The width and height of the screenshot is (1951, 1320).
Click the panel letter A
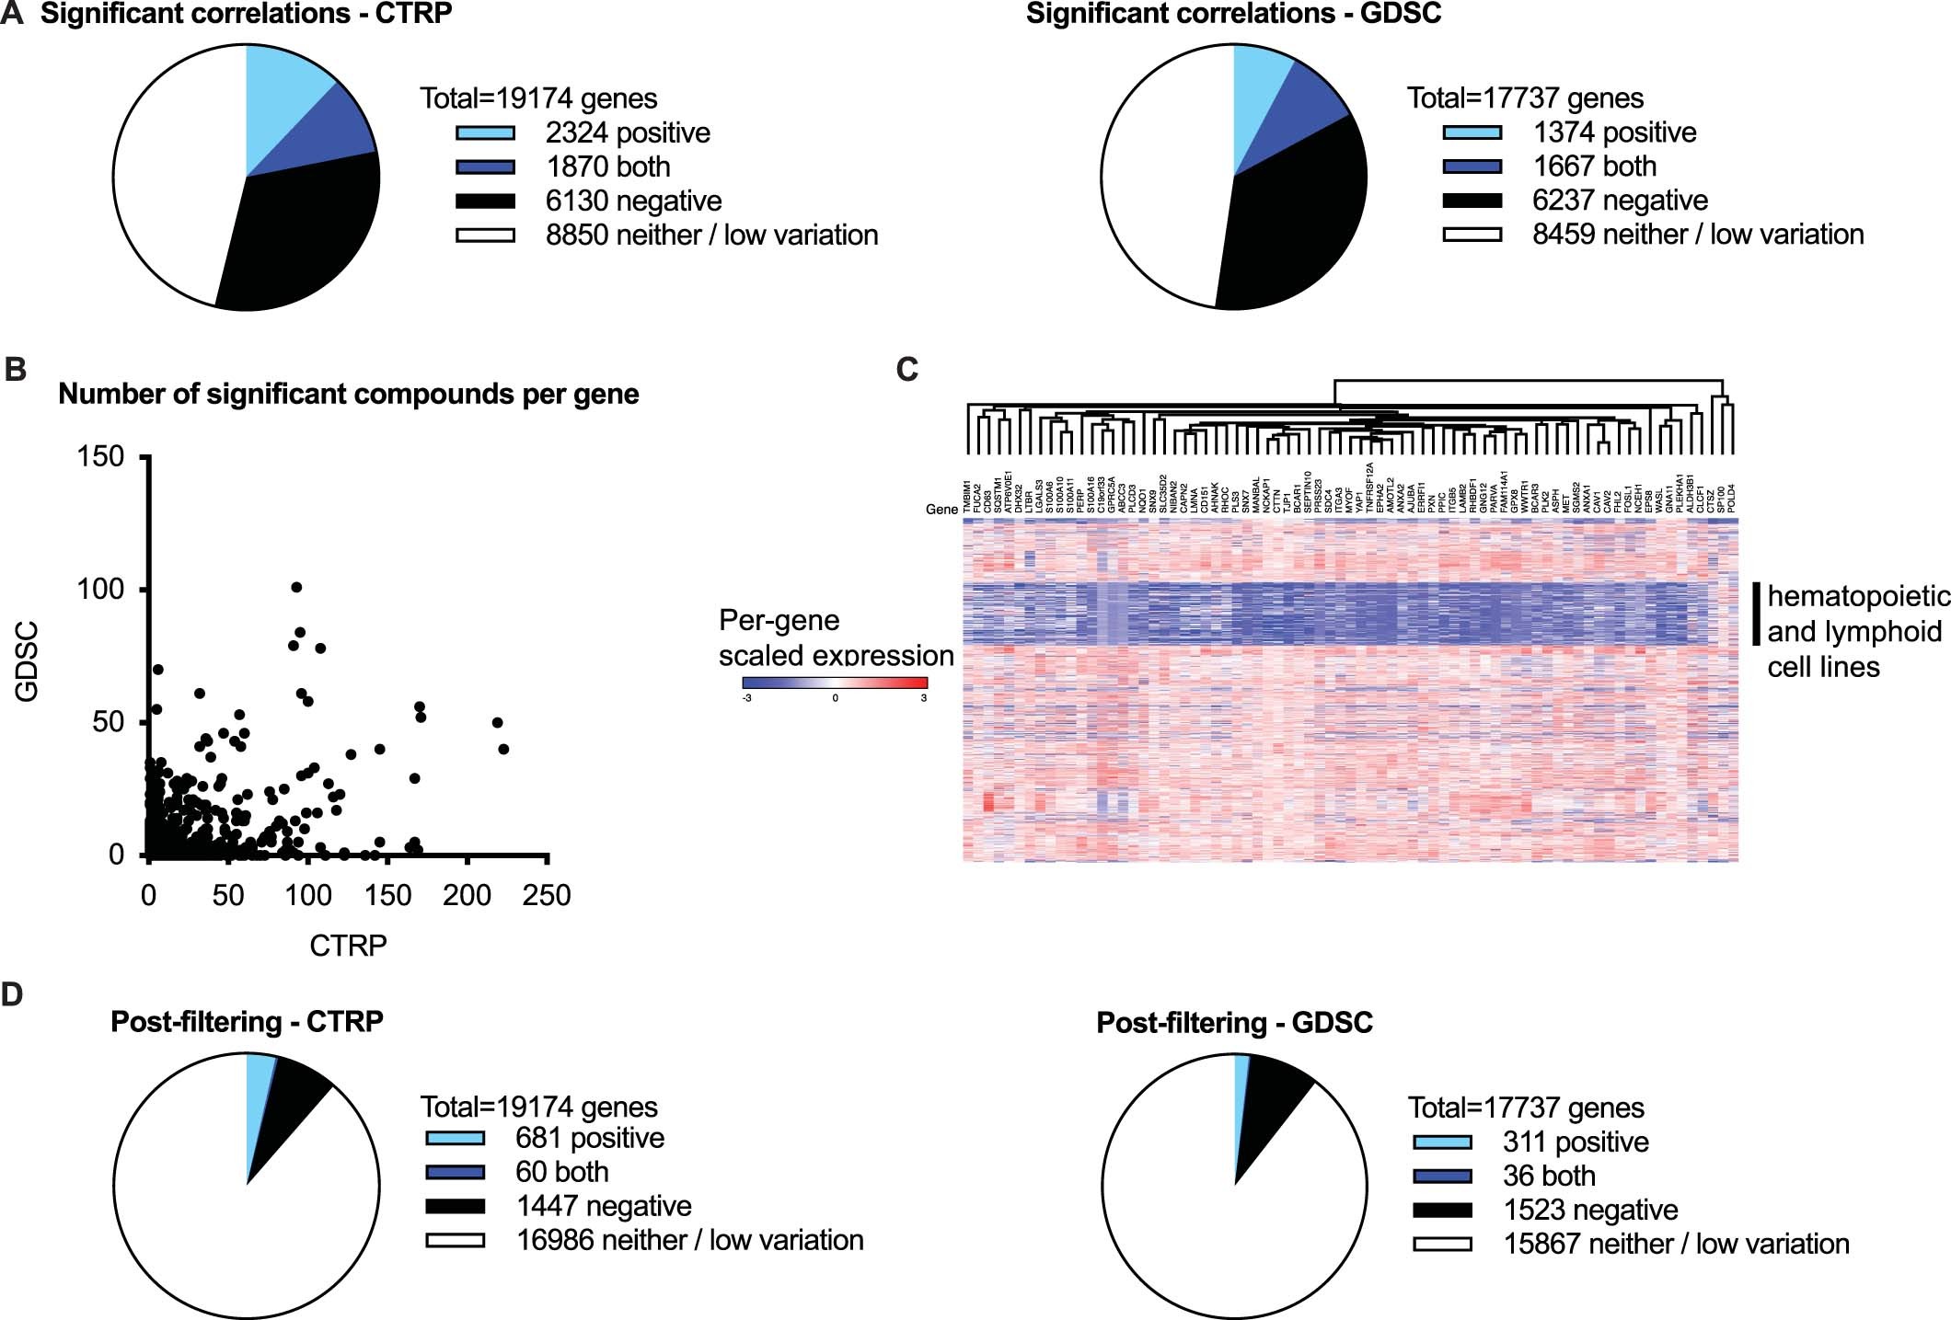(x=12, y=16)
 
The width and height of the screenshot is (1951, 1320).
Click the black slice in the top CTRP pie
(x=304, y=239)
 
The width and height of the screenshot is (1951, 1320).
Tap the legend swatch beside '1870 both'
(x=485, y=167)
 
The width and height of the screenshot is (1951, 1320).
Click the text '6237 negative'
(x=1620, y=201)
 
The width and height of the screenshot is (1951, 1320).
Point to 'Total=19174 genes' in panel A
(x=538, y=98)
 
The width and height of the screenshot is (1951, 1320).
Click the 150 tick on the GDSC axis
(x=101, y=456)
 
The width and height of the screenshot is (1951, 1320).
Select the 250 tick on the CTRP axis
(x=547, y=894)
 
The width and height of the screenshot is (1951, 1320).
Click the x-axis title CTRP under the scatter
(x=348, y=945)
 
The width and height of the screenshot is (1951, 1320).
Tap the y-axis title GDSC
(x=28, y=660)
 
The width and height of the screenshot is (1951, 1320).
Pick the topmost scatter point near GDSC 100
(x=296, y=587)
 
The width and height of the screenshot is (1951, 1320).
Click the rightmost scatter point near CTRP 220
(x=503, y=749)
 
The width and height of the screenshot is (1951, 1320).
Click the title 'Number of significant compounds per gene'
(x=348, y=394)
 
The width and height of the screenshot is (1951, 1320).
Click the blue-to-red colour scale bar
(x=835, y=683)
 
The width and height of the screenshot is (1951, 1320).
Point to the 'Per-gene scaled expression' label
(x=836, y=637)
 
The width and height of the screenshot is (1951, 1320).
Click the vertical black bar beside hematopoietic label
(x=1756, y=613)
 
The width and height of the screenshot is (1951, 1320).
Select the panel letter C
(x=906, y=369)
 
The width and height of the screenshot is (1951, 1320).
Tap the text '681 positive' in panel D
(x=589, y=1138)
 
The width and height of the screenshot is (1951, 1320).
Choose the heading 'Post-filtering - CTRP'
(x=247, y=1022)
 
